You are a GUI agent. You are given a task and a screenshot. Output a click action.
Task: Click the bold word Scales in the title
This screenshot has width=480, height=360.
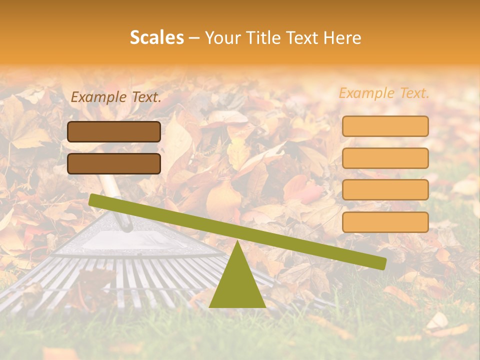(156, 37)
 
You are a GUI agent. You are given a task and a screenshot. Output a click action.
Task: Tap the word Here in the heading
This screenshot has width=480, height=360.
(342, 38)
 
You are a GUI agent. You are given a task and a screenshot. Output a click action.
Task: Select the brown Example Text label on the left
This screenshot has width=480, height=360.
(116, 97)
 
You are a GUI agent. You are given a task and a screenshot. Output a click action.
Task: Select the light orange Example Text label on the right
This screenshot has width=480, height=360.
(384, 93)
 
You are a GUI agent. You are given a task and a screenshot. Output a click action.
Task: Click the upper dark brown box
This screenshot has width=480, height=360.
(114, 131)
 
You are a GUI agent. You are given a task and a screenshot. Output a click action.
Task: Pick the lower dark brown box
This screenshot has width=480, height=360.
(114, 163)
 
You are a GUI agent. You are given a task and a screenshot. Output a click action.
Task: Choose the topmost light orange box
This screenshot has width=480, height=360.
(385, 126)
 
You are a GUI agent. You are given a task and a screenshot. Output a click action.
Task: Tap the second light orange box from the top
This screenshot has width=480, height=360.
(385, 158)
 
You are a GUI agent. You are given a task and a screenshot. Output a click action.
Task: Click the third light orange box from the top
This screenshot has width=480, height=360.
(385, 190)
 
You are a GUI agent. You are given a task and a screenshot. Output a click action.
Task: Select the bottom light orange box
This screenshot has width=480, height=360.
(385, 222)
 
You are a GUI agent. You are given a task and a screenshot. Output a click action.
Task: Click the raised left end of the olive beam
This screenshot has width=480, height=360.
(95, 200)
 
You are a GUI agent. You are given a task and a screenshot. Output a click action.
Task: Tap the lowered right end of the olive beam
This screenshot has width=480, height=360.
(380, 263)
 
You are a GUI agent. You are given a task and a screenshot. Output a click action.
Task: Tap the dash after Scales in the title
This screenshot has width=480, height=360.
(194, 38)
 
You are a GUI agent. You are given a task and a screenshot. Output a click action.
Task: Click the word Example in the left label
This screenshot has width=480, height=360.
(98, 97)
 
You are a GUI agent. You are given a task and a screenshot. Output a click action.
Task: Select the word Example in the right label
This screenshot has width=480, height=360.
(366, 93)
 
